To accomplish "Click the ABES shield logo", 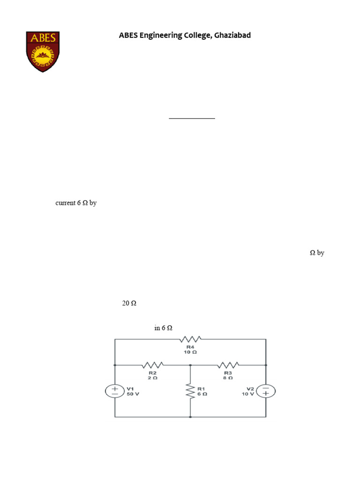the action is (x=43, y=52).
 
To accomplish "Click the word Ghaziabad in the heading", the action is (x=232, y=35).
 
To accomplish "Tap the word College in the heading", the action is (x=198, y=35).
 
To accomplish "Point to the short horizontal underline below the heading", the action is (x=192, y=118).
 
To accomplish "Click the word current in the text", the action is (x=66, y=203).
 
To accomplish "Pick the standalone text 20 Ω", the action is (x=129, y=303).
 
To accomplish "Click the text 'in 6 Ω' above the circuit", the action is (x=163, y=328).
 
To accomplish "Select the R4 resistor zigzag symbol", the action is (x=190, y=339).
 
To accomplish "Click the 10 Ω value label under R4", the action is (x=190, y=352).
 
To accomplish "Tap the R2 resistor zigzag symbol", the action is (x=153, y=365).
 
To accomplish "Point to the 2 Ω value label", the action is (x=153, y=378).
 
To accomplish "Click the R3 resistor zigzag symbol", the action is (x=228, y=365).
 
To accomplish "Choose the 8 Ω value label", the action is (x=228, y=378).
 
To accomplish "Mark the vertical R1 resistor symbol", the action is (x=190, y=391).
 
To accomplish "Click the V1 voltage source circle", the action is (x=115, y=391).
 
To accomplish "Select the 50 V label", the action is (x=133, y=394).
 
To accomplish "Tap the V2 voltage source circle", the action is (x=266, y=391).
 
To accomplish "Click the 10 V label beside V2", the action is (x=247, y=394).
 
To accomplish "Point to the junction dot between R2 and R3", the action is (x=190, y=365).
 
